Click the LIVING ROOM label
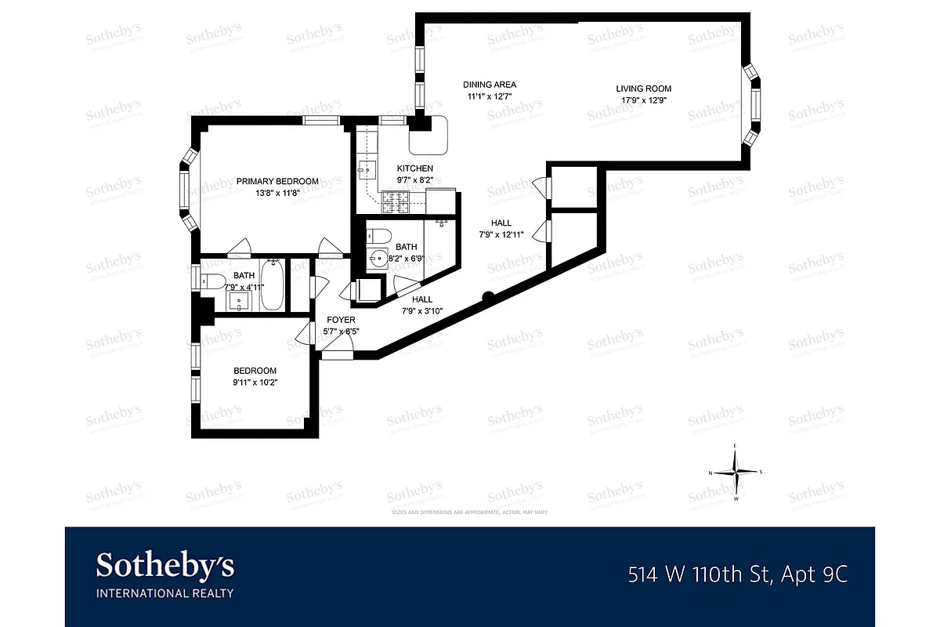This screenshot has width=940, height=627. click(x=643, y=89)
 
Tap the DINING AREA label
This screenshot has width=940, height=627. click(x=490, y=85)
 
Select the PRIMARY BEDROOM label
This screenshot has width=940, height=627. click(x=277, y=181)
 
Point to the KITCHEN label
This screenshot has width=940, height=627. click(x=414, y=169)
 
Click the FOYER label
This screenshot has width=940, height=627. click(x=341, y=320)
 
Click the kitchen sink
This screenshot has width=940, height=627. click(x=364, y=168)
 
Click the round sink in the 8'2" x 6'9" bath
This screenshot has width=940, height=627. click(x=378, y=258)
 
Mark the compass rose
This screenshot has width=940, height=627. click(x=736, y=472)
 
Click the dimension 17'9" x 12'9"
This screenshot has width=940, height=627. click(x=643, y=100)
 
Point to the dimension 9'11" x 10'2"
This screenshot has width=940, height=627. click(x=255, y=382)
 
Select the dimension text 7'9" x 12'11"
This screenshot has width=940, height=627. click(x=501, y=234)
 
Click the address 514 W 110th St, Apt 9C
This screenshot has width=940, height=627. click(x=738, y=575)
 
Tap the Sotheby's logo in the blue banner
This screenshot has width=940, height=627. click(x=164, y=574)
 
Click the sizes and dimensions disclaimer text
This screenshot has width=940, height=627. click(x=469, y=512)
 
